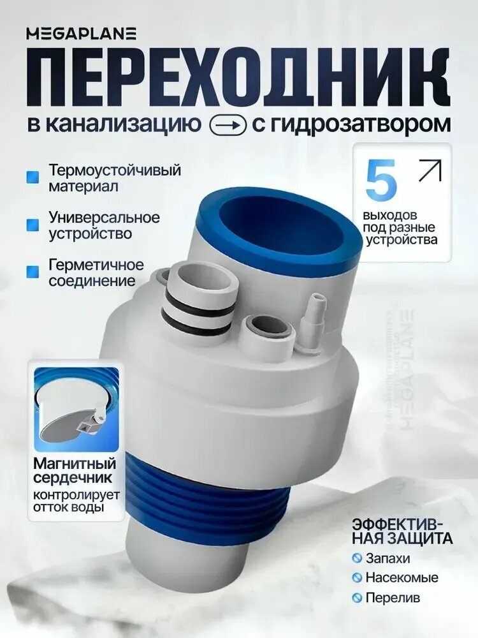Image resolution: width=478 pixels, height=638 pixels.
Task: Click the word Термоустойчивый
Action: (x=115, y=171)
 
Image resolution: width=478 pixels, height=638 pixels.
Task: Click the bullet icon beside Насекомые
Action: (x=358, y=579)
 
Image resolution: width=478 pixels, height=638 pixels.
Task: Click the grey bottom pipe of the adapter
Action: (x=185, y=561)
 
